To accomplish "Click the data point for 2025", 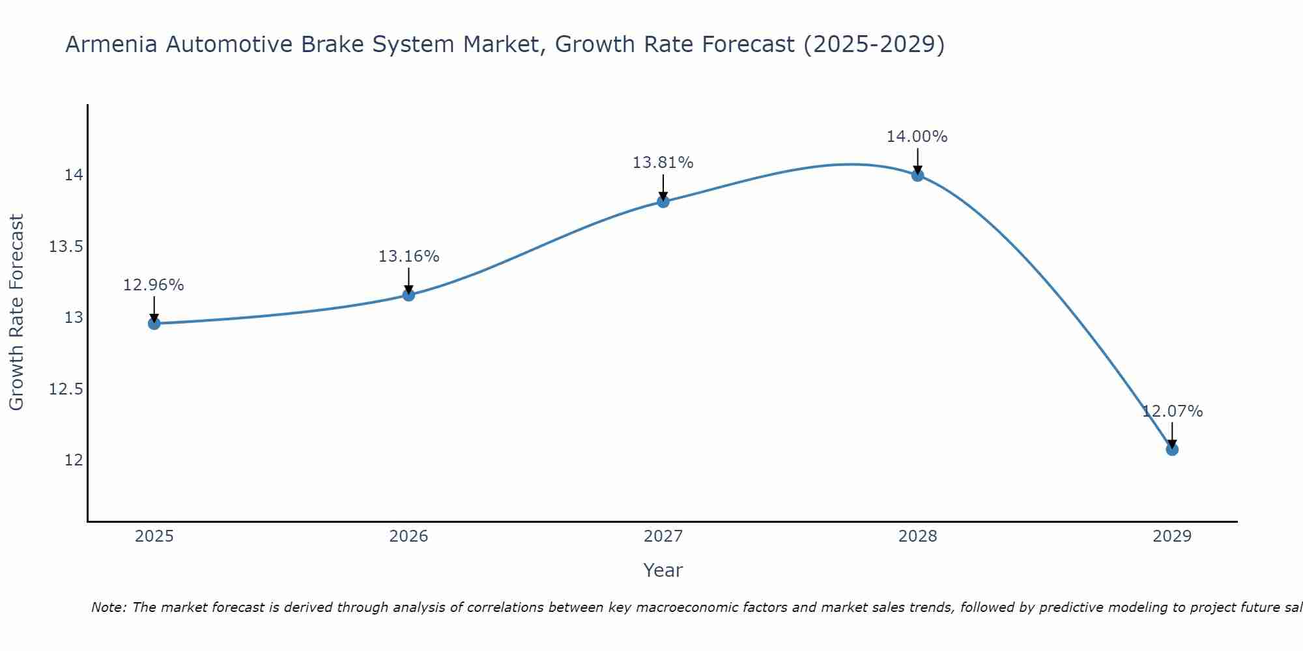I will point(154,324).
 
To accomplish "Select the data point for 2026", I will point(408,295).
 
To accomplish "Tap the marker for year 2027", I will point(663,202).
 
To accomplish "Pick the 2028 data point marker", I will point(918,175).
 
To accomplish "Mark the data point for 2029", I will point(1172,449).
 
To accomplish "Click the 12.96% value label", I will point(154,285).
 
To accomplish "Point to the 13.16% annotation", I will point(408,256).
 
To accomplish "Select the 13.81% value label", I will point(663,163).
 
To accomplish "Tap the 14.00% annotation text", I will point(917,137).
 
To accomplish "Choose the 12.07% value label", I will point(1172,411).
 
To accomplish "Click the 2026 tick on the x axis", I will point(408,536).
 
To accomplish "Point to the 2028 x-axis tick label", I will point(917,536).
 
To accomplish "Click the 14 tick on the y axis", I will point(73,175).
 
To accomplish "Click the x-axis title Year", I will point(663,570).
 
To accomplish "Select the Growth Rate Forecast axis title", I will point(16,312).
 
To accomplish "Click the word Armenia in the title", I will point(111,44).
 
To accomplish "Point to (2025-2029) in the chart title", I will point(874,44).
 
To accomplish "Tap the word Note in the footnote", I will point(107,607).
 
